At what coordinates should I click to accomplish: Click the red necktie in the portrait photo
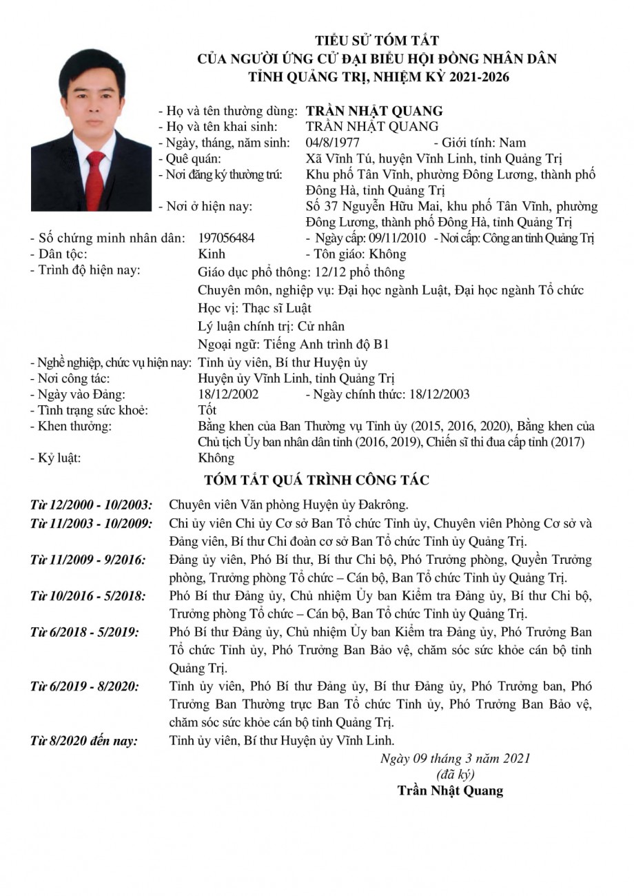click(x=94, y=181)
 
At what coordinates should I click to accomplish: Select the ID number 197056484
click(x=226, y=238)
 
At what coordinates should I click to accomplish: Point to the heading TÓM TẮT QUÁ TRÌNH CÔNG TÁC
click(x=317, y=480)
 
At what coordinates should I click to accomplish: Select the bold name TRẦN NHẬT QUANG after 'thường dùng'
click(x=374, y=111)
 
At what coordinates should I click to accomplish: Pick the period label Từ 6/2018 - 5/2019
click(x=84, y=631)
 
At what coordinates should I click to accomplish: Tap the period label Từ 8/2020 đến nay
click(x=84, y=741)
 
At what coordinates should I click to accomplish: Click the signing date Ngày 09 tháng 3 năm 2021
click(x=455, y=759)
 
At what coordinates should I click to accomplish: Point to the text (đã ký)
click(x=456, y=774)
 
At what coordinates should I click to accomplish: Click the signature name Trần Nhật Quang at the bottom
click(x=450, y=791)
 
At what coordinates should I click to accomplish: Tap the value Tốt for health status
click(x=207, y=410)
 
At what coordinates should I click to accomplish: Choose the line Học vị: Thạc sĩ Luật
click(x=254, y=307)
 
